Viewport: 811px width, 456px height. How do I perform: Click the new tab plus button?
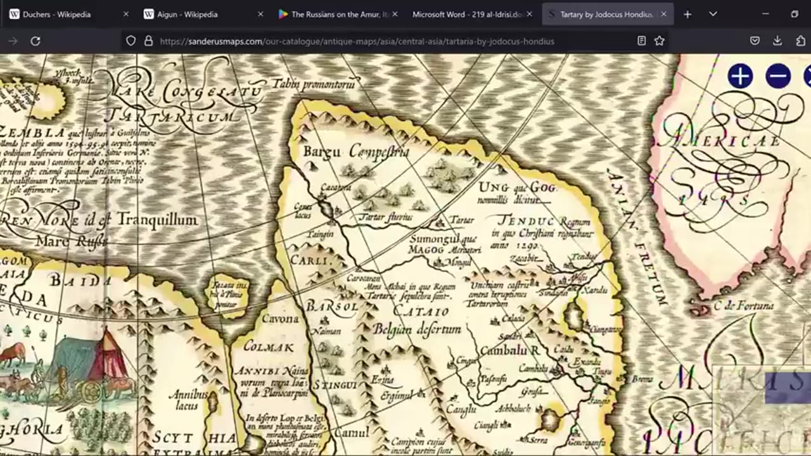[687, 14]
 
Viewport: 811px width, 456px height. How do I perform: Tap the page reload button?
[35, 41]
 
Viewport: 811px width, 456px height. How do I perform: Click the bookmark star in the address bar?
[659, 41]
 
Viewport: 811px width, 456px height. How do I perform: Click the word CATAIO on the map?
[421, 312]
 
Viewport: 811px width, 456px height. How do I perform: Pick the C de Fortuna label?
[743, 306]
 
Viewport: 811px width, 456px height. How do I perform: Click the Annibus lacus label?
[188, 399]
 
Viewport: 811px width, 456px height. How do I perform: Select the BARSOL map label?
[332, 307]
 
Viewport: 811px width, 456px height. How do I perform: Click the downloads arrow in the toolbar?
[777, 41]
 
